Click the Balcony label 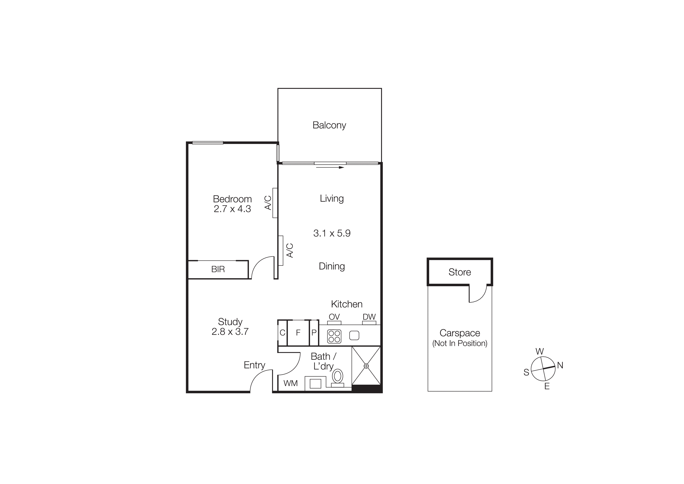pos(329,125)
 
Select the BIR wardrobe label pos(218,269)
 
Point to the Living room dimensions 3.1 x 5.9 pos(332,233)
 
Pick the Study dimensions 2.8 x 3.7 pos(230,332)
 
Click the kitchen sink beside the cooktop pos(354,335)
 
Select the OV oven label pos(334,317)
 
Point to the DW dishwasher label pos(369,317)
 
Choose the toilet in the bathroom pos(338,377)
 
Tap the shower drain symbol pos(366,366)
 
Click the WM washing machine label pos(291,383)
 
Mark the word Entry pos(254,365)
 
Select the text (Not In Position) pos(460,343)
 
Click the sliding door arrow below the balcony pos(330,168)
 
